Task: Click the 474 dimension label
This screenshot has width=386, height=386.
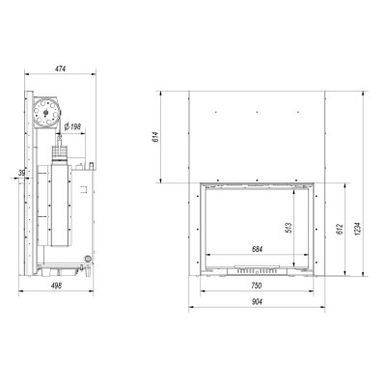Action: pos(60,69)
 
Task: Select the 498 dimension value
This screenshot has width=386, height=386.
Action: pos(57,286)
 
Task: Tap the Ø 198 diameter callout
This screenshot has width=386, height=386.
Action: pos(72,126)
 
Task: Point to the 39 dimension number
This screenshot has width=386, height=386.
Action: pos(21,173)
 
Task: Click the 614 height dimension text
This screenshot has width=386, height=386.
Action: pos(156,137)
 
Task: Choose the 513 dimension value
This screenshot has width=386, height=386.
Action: pos(289,228)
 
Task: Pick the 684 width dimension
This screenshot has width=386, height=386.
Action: pos(257,249)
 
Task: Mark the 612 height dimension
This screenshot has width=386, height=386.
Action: pos(341,229)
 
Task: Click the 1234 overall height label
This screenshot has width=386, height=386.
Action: pos(359,229)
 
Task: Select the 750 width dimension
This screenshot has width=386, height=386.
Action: pos(257,286)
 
